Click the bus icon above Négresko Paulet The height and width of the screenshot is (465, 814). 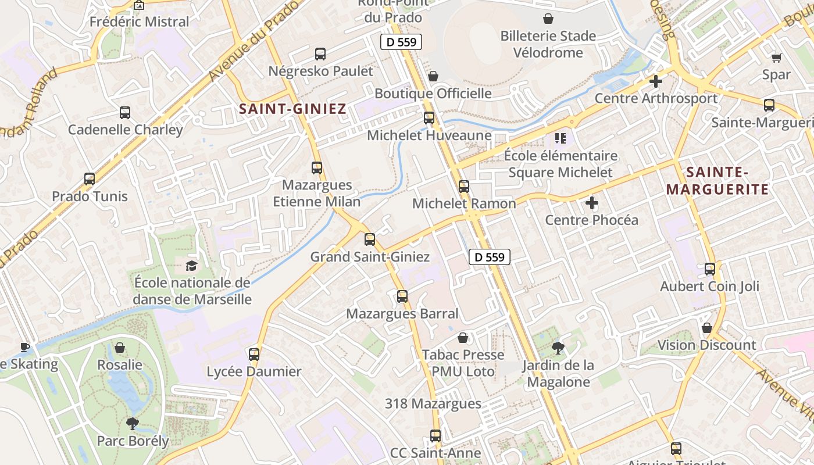tap(320, 54)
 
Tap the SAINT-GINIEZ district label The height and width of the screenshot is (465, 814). tap(292, 109)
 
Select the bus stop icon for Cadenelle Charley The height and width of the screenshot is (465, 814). tap(125, 113)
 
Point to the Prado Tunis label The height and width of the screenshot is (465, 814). tap(90, 196)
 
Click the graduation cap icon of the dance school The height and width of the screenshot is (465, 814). tap(191, 266)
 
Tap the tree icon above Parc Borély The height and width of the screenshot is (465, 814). tap(133, 424)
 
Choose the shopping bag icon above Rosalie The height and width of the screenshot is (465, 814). tap(120, 348)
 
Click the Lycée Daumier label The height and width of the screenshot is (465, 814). tap(254, 371)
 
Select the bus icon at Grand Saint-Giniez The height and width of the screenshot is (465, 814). tap(370, 239)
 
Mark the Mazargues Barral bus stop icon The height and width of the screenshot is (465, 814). tap(402, 296)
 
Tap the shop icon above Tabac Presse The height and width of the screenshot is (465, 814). tap(463, 337)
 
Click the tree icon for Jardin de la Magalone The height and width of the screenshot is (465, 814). tap(558, 348)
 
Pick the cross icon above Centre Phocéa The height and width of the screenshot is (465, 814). tap(592, 203)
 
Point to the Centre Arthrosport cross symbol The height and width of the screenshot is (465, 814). tap(656, 81)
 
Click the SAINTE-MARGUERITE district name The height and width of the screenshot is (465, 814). tap(717, 181)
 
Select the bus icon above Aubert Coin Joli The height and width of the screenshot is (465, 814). tap(710, 269)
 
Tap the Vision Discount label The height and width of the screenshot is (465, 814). tap(706, 345)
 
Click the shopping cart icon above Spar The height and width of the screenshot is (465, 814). tap(776, 58)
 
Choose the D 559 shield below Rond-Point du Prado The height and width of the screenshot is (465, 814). tap(401, 42)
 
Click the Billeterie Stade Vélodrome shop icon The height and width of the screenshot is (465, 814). tap(548, 19)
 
